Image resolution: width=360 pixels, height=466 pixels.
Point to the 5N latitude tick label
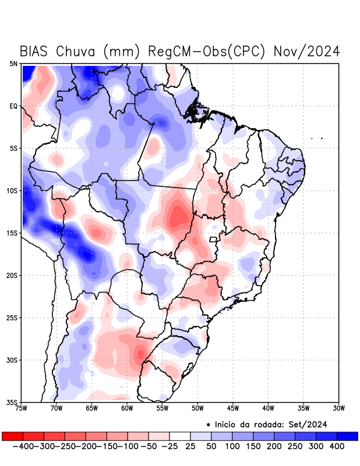[x=13, y=63]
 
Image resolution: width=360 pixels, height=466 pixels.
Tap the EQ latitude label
[x=13, y=106]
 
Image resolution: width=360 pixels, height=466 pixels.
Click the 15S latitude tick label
[x=12, y=233]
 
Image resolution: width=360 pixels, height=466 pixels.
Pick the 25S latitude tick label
[x=12, y=317]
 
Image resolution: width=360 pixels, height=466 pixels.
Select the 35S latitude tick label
[x=12, y=402]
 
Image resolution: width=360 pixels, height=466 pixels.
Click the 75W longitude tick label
[x=22, y=408]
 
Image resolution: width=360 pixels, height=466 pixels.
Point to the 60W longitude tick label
[x=127, y=408]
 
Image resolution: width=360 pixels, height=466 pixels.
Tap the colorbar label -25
[x=170, y=446]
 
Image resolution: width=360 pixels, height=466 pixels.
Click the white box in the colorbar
[x=180, y=436]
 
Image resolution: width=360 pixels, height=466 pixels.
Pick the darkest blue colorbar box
[x=347, y=436]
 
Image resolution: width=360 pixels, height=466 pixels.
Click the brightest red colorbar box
[x=13, y=436]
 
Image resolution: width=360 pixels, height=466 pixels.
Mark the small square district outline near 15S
[x=213, y=239]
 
